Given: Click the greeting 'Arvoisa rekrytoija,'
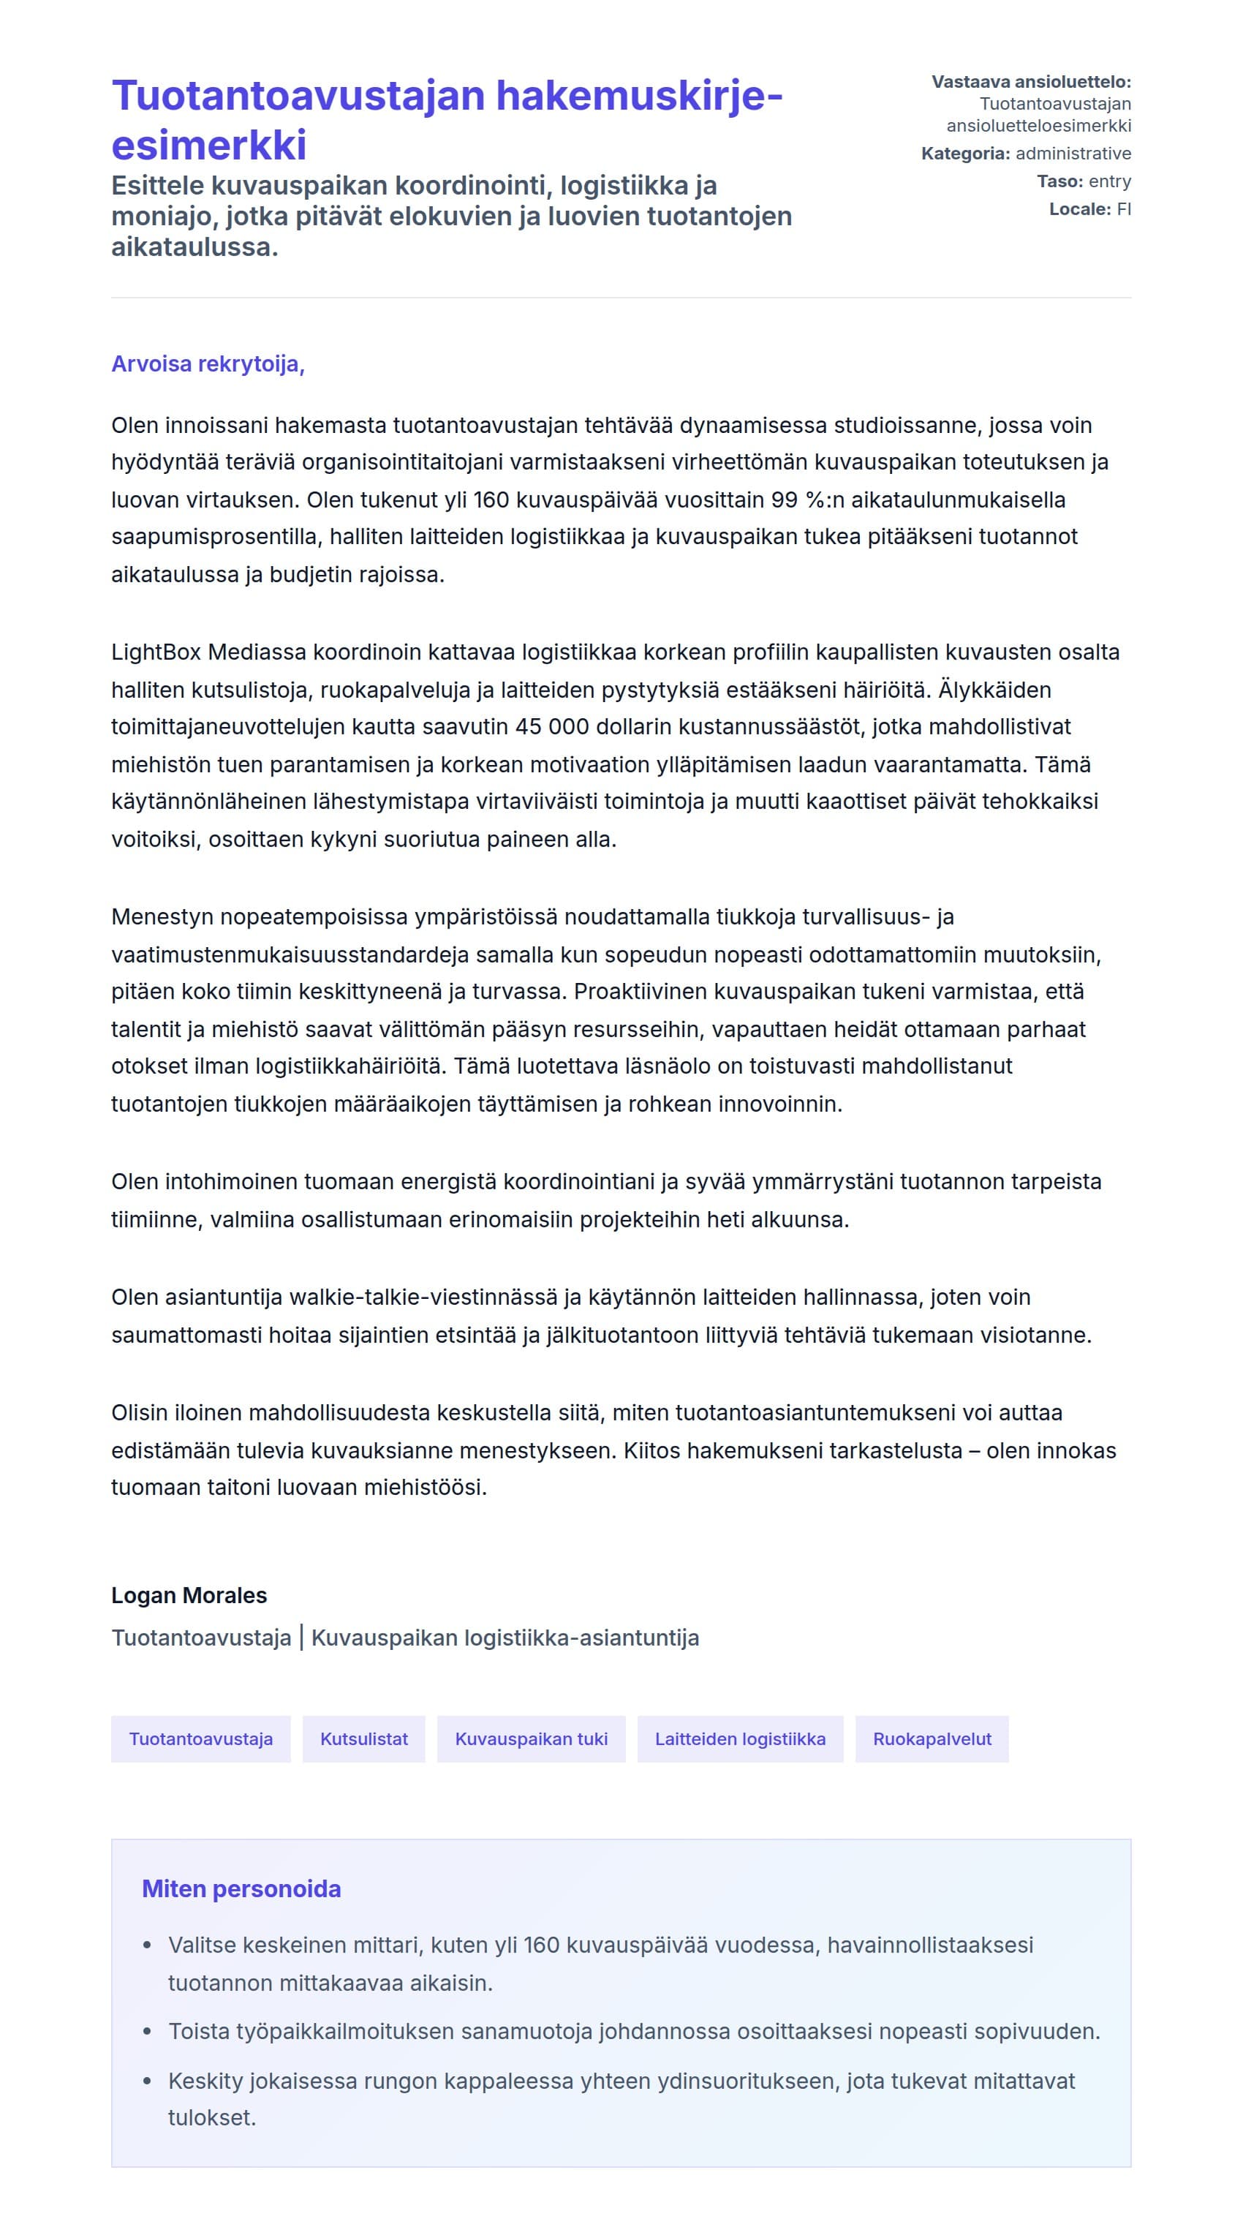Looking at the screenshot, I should [x=208, y=363].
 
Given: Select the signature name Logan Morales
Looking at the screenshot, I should [x=189, y=1595].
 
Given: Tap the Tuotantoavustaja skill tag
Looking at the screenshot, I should [x=200, y=1738].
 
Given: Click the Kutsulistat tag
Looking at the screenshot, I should [x=364, y=1738].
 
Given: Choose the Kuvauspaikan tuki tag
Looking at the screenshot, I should [x=531, y=1738].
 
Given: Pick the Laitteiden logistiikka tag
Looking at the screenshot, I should [x=740, y=1738].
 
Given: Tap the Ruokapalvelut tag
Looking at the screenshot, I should [x=932, y=1738].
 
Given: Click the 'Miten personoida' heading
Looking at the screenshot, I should [x=241, y=1888].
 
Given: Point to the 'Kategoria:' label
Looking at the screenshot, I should [x=965, y=154].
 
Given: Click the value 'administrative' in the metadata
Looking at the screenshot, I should [x=1073, y=154].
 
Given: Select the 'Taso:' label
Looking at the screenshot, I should [x=1059, y=181].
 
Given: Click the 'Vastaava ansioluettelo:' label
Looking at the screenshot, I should [x=1031, y=83].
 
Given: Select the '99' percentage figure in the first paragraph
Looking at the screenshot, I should [x=785, y=500].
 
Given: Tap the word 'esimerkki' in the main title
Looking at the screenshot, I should [x=208, y=145].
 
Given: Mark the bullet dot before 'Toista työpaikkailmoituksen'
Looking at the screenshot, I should [x=148, y=2032].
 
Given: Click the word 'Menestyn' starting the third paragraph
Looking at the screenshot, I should [x=162, y=917].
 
